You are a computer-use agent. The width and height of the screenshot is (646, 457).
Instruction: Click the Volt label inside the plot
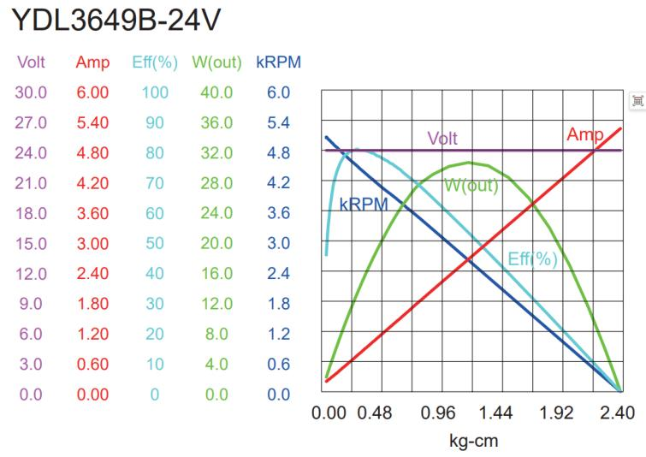[442, 139]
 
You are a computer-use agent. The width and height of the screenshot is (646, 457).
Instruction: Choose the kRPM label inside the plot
[364, 205]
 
